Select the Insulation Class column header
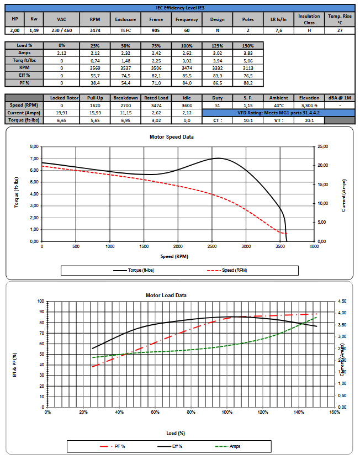[309, 19]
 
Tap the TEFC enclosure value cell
[125, 31]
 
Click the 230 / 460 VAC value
[61, 31]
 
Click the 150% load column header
[248, 45]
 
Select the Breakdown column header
[125, 98]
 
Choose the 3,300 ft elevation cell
[309, 105]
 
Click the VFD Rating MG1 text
[278, 112]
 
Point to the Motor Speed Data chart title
[172, 137]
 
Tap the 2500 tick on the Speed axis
[246, 246]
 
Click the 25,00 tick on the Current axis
[322, 147]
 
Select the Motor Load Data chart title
[166, 296]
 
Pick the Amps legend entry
[234, 446]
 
